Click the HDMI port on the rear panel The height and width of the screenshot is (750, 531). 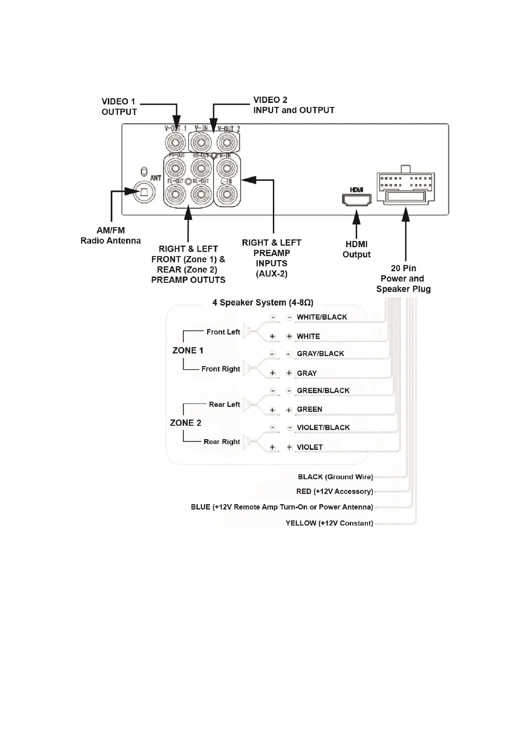point(356,200)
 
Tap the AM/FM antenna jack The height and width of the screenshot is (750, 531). point(144,192)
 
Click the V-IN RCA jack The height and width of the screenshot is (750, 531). point(200,143)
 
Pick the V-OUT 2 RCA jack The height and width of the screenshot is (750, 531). point(226,143)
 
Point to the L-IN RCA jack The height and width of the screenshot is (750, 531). point(226,194)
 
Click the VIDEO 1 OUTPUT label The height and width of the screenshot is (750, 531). point(119,106)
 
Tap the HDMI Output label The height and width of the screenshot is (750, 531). point(356,249)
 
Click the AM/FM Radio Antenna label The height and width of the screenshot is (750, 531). point(111,236)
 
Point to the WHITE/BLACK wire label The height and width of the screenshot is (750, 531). point(321,317)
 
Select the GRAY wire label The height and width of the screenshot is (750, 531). point(307,373)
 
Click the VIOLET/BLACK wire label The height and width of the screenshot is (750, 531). point(323,428)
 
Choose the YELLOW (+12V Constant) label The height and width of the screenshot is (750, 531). point(329,523)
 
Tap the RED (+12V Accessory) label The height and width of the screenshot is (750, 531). point(334,492)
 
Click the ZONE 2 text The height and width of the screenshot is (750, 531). point(185,423)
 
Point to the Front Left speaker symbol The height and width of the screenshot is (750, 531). point(251,332)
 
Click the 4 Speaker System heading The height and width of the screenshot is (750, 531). point(263,303)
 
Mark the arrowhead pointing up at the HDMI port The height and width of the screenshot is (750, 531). point(356,218)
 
